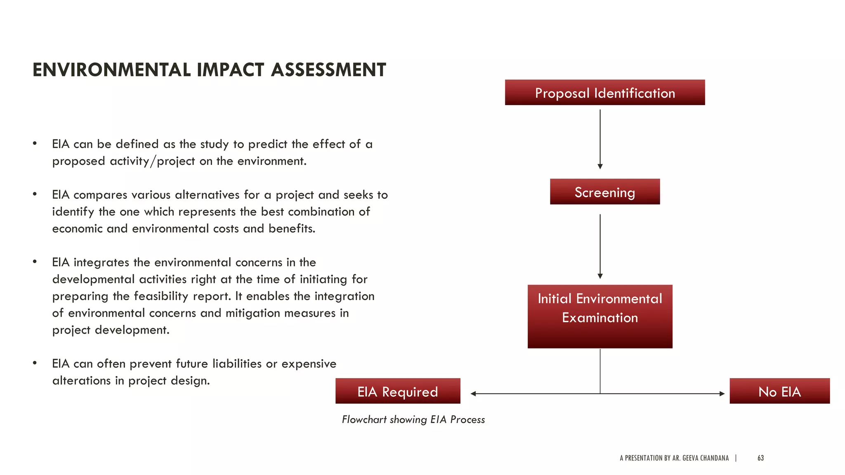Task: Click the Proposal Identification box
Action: [x=604, y=93]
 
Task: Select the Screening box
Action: [x=604, y=192]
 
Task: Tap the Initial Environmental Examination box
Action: [x=600, y=316]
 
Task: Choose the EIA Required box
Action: [x=397, y=391]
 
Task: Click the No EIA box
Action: [x=779, y=391]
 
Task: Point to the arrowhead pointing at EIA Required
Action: [x=473, y=394]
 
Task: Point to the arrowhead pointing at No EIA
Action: [x=722, y=394]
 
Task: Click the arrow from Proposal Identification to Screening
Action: [x=600, y=138]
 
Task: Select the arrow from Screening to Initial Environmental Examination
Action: [x=600, y=245]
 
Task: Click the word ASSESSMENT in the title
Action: [x=328, y=70]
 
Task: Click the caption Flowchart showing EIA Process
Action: [x=413, y=419]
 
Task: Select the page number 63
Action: [x=760, y=458]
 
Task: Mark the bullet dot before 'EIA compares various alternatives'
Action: [x=35, y=194]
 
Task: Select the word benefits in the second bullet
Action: [x=291, y=228]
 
